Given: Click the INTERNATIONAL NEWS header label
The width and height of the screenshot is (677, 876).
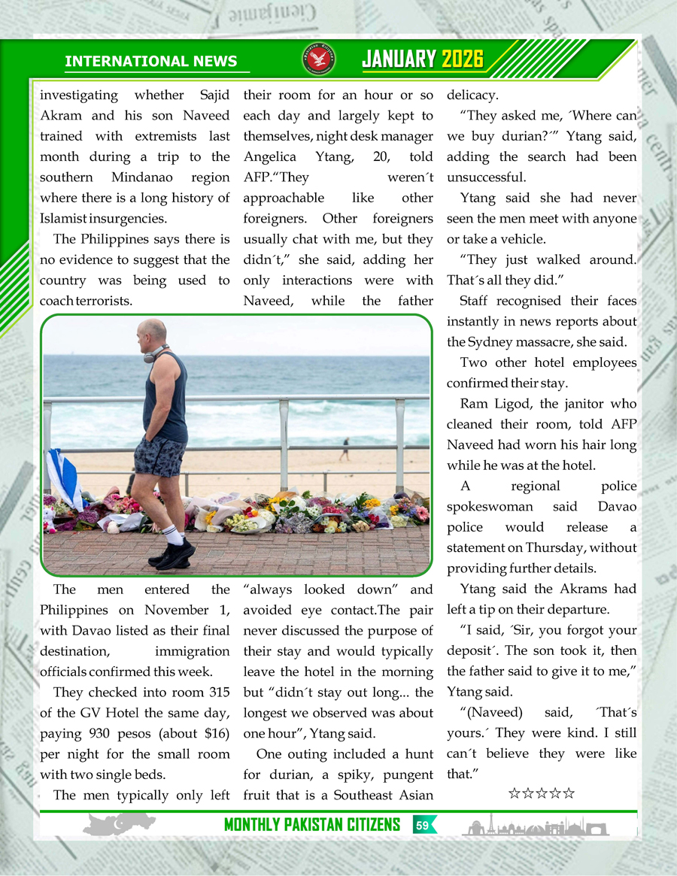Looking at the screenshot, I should pyautogui.click(x=150, y=62).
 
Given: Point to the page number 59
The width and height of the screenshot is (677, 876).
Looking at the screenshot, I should pyautogui.click(x=423, y=825).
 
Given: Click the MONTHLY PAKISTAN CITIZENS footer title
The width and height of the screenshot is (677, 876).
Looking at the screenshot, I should pyautogui.click(x=312, y=825).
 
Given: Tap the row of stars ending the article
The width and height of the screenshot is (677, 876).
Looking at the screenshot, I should pyautogui.click(x=542, y=793).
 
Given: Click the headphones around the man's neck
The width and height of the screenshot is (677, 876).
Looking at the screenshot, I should pyautogui.click(x=156, y=353).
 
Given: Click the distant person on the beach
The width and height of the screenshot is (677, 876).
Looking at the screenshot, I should pyautogui.click(x=345, y=449).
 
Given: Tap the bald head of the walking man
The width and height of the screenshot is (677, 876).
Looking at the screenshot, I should pyautogui.click(x=153, y=331).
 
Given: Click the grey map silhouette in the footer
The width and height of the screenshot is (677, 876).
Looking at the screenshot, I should pyautogui.click(x=120, y=824).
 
